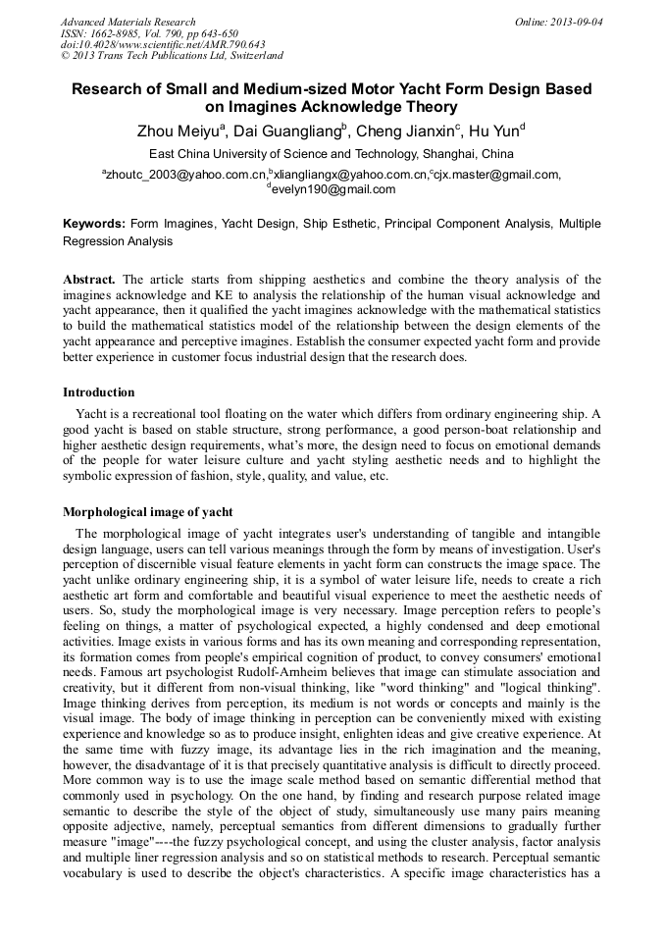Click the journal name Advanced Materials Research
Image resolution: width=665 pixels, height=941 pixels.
(128, 22)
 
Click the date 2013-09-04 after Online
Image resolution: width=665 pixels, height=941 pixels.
(578, 22)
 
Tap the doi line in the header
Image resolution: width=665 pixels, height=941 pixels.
(163, 45)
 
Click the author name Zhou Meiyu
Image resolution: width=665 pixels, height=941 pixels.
(181, 131)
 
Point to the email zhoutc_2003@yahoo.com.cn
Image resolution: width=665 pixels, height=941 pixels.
(179, 175)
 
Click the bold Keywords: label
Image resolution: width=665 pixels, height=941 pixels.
(94, 224)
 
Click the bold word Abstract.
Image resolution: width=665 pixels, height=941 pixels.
(89, 280)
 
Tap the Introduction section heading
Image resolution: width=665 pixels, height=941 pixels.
(99, 392)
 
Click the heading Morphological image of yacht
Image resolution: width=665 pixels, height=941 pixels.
(148, 512)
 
